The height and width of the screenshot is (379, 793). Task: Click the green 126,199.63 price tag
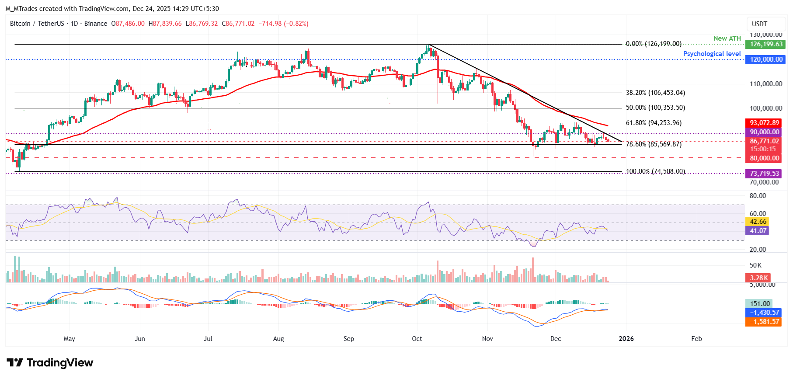[x=766, y=44]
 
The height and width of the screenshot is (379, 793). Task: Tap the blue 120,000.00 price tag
[x=766, y=59]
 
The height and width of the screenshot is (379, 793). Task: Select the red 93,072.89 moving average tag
[x=764, y=123]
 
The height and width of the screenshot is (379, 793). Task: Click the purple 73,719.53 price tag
[x=764, y=174]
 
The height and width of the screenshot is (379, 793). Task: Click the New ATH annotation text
[x=727, y=38]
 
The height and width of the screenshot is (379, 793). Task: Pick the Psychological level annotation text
[x=712, y=54]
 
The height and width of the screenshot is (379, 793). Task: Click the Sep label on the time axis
[x=348, y=339]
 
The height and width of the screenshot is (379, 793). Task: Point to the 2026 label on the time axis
[x=626, y=339]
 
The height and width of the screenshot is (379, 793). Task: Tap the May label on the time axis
[x=69, y=339]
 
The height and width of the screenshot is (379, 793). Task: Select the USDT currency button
[x=759, y=24]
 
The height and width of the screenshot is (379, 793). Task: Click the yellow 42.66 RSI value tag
[x=758, y=222]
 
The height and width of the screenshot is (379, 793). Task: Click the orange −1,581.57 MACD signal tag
[x=764, y=322]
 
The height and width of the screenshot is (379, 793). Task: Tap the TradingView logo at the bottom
[x=50, y=363]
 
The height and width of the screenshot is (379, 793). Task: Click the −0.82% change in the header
[x=297, y=24]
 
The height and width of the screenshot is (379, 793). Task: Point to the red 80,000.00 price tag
[x=764, y=158]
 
